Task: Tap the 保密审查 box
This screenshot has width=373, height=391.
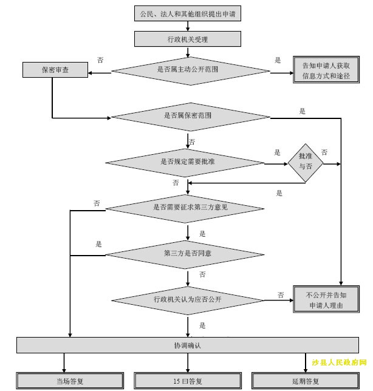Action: pos(55,70)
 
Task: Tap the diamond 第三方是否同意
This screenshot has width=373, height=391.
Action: pos(187,253)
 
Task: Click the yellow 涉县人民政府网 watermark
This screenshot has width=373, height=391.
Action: pos(340,363)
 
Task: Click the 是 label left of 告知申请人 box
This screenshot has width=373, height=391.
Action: pos(278,60)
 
